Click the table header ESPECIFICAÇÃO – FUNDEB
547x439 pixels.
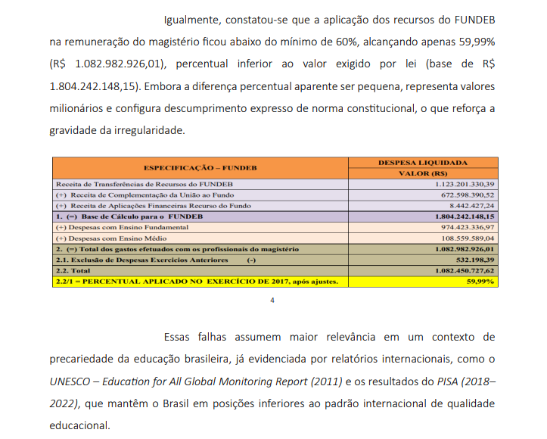(x=200, y=167)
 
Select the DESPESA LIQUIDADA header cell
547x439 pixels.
(x=423, y=162)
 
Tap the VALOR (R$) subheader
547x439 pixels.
(x=423, y=173)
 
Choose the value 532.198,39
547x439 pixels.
(x=474, y=259)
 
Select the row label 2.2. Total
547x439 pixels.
(x=73, y=269)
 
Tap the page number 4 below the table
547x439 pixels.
(x=273, y=300)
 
